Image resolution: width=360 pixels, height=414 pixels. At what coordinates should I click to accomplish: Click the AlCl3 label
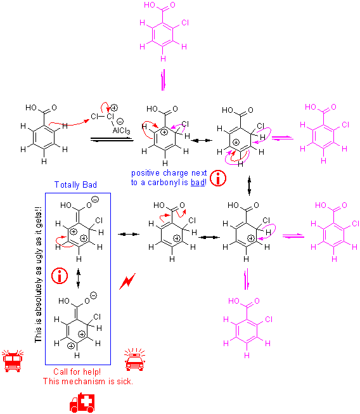122,131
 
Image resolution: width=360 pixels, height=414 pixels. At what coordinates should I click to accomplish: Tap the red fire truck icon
13,361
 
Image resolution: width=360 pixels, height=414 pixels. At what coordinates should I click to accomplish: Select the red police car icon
135,359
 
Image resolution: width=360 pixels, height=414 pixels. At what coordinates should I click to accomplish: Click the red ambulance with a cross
82,403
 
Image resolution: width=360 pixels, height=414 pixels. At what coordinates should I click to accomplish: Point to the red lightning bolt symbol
127,281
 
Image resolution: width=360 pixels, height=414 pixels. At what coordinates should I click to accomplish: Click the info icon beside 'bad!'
218,178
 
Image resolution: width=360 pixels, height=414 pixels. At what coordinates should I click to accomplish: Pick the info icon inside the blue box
60,276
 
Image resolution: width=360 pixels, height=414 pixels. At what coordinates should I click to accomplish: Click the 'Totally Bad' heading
75,184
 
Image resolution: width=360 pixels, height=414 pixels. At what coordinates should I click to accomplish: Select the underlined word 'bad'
198,182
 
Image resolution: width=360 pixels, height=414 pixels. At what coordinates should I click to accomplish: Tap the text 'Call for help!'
77,372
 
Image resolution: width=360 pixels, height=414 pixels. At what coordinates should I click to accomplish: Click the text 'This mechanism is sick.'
88,381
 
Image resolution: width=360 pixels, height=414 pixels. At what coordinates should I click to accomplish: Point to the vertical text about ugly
38,275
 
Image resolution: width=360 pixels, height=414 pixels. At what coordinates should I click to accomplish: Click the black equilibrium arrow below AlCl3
112,139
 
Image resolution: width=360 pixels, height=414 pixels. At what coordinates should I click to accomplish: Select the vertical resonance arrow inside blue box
78,278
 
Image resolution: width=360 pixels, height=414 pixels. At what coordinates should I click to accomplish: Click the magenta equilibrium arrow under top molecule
164,80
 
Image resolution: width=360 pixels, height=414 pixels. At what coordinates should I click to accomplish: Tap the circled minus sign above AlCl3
120,121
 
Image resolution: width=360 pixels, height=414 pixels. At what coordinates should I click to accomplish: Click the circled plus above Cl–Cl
114,107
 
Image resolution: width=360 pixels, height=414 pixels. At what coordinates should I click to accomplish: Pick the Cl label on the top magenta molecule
185,23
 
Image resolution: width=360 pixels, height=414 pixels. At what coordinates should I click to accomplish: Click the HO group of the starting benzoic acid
31,107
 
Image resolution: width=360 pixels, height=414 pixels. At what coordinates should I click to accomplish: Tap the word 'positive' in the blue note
145,173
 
